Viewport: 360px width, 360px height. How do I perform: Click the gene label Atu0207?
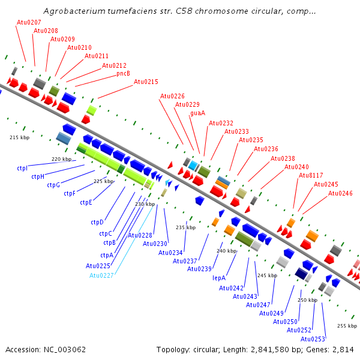pyautogui.click(x=29, y=22)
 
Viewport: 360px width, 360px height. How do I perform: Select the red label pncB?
pyautogui.click(x=123, y=73)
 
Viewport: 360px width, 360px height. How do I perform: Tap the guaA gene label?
pyautogui.click(x=197, y=113)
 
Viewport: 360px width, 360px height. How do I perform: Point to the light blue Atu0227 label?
pyautogui.click(x=101, y=275)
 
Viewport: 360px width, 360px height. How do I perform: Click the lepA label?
pyautogui.click(x=219, y=278)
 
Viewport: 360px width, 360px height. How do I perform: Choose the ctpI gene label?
pyautogui.click(x=22, y=168)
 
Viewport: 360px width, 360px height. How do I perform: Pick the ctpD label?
pyautogui.click(x=97, y=222)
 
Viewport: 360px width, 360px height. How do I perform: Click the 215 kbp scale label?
pyautogui.click(x=20, y=137)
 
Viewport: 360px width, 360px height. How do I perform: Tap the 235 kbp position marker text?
pyautogui.click(x=186, y=227)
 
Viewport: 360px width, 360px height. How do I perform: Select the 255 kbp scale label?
pyautogui.click(x=347, y=326)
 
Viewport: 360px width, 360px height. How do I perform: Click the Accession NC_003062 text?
pyautogui.click(x=46, y=350)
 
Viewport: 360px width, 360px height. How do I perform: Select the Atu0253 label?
pyautogui.click(x=313, y=339)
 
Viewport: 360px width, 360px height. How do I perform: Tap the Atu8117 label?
pyautogui.click(x=311, y=175)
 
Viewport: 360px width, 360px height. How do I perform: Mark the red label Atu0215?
pyautogui.click(x=146, y=82)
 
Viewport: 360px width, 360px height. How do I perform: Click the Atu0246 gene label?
pyautogui.click(x=340, y=193)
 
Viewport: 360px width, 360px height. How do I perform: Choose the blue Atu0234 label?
pyautogui.click(x=170, y=253)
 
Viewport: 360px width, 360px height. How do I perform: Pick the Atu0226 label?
pyautogui.click(x=172, y=96)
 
